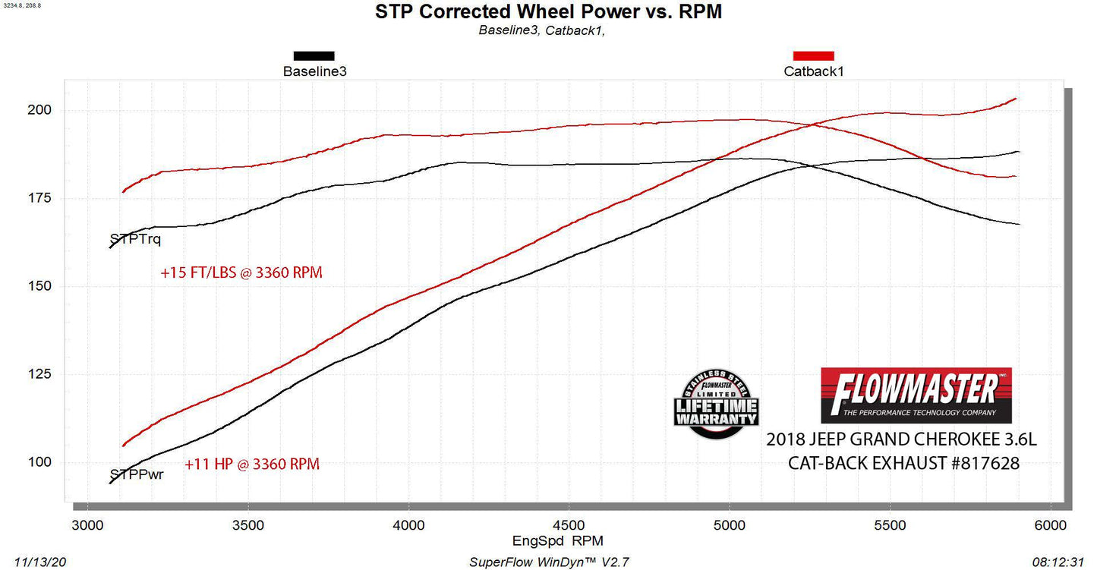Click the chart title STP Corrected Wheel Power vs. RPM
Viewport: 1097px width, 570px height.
(x=549, y=11)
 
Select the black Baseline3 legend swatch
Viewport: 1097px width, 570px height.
(x=314, y=55)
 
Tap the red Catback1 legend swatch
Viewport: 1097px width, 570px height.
(x=813, y=55)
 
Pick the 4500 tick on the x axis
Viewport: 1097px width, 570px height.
(x=569, y=525)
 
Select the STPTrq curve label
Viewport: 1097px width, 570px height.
(x=135, y=239)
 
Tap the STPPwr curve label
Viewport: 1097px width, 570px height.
(x=137, y=474)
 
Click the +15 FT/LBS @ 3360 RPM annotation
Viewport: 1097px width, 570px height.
(x=241, y=273)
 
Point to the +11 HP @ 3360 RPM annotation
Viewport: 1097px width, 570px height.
(x=252, y=464)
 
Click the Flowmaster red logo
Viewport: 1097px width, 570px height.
(x=916, y=395)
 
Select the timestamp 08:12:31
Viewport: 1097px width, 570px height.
(x=1059, y=562)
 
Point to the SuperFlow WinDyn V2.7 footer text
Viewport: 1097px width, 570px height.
(x=550, y=562)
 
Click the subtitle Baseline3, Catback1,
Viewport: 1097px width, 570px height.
(x=541, y=30)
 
